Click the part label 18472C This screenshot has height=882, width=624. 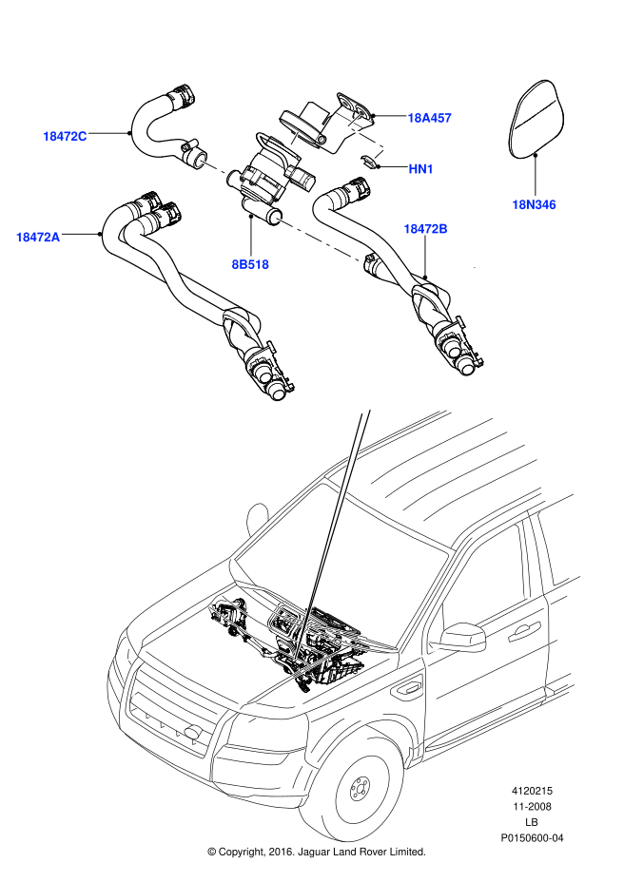click(65, 136)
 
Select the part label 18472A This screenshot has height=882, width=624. click(38, 237)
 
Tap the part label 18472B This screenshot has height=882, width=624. click(425, 229)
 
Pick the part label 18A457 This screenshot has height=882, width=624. click(429, 118)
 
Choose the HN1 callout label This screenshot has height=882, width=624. click(421, 169)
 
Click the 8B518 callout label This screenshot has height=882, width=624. click(250, 264)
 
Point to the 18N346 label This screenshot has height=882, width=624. click(535, 203)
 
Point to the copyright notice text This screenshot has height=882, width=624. click(316, 851)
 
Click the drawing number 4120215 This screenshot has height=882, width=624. click(532, 791)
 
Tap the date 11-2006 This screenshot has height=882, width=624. click(532, 806)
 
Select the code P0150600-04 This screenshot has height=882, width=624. click(532, 837)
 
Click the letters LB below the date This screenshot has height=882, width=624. click(532, 822)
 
